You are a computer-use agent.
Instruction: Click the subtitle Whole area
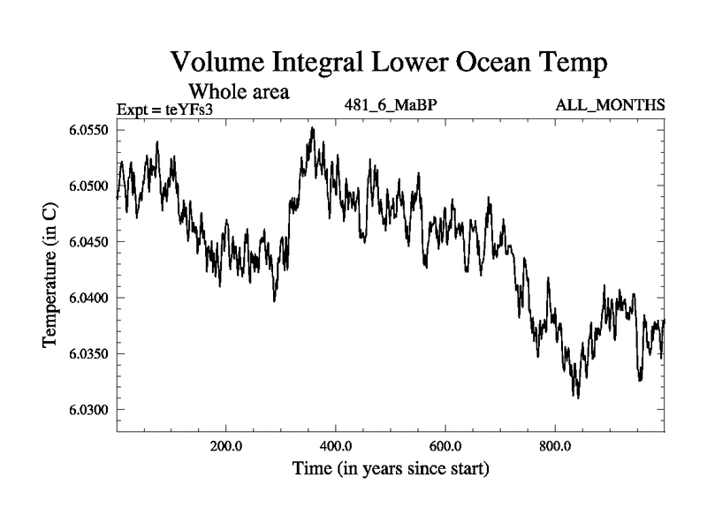click(239, 90)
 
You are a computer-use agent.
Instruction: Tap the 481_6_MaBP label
click(391, 106)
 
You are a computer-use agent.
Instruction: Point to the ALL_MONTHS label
click(610, 106)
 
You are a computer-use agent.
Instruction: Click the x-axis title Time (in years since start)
click(390, 467)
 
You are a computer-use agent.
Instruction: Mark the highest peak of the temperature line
click(311, 128)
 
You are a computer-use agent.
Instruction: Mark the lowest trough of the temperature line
click(577, 397)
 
